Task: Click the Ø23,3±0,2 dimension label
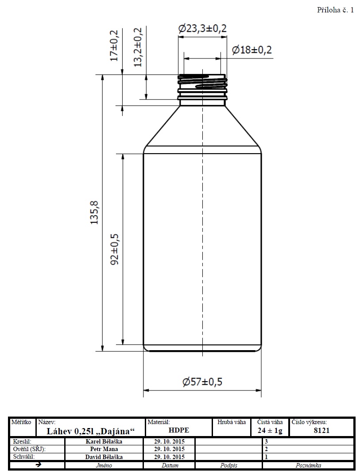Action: point(202,29)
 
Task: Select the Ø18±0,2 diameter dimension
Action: point(252,50)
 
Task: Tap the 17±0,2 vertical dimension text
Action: point(114,46)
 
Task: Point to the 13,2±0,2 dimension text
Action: point(138,47)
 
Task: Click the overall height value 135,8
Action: point(95,212)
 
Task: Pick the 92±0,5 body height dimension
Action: point(115,249)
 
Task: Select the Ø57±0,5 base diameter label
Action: point(202,382)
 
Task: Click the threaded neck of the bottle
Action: point(202,87)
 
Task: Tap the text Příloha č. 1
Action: point(336,10)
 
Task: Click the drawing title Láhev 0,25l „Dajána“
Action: point(91,431)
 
